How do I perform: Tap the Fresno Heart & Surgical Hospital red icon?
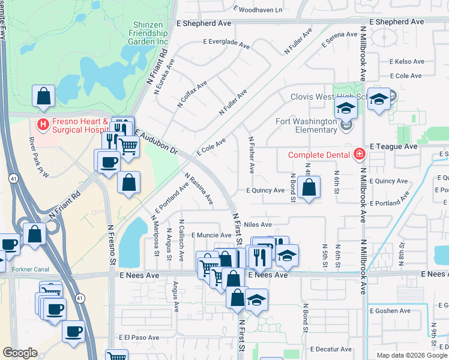point(42,125)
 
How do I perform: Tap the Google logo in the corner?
point(20,352)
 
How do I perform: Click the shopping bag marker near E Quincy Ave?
point(308,188)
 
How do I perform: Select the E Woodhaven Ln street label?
point(258,10)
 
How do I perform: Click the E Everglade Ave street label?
point(226,43)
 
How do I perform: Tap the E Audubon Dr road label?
point(157,141)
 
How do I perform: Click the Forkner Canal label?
point(30,269)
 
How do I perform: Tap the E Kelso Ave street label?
point(406,62)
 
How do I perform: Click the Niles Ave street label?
point(258,224)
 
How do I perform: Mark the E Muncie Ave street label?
point(211,235)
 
